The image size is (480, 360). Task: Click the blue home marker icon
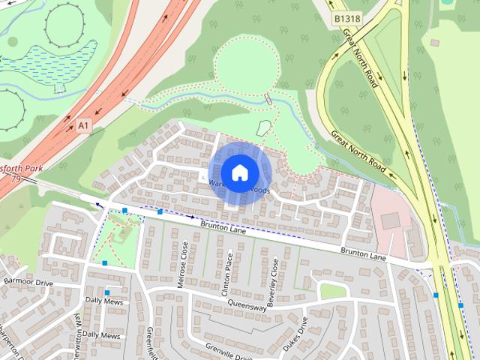pyautogui.click(x=239, y=172)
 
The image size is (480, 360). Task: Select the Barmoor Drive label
pyautogui.click(x=28, y=283)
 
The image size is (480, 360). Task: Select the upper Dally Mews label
pyautogui.click(x=103, y=301)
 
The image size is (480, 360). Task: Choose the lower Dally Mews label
pyautogui.click(x=100, y=335)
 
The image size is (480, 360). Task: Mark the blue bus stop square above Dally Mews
pyautogui.click(x=108, y=292)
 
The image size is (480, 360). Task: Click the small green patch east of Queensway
pyautogui.click(x=333, y=290)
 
